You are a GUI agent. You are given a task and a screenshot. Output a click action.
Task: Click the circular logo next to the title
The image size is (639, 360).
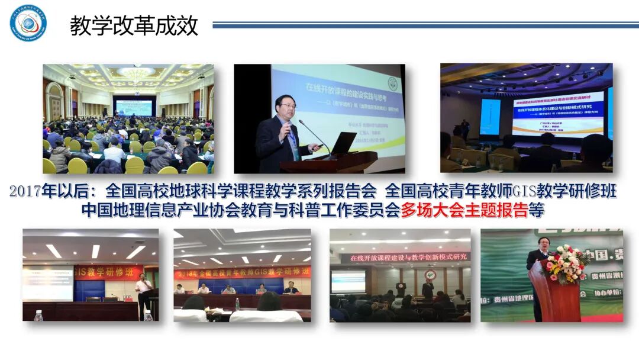[27, 23]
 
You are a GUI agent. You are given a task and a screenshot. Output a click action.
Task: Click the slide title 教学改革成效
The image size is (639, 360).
[134, 26]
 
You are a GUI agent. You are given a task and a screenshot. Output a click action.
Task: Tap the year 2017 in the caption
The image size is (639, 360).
[25, 192]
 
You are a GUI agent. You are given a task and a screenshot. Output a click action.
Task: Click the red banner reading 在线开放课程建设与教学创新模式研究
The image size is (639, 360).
[408, 257]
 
